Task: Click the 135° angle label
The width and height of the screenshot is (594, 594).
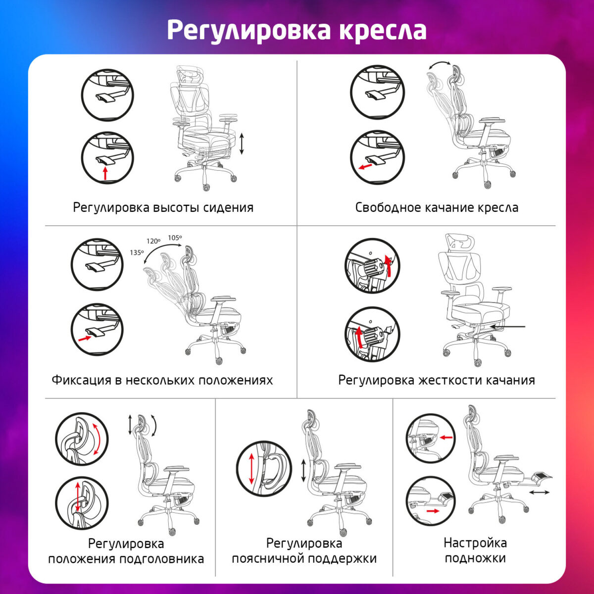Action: tap(137, 252)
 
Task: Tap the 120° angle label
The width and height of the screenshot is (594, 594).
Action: tap(153, 241)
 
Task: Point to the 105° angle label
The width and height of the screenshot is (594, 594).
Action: tap(174, 238)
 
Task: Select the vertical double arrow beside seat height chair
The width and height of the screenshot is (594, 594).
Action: tap(242, 144)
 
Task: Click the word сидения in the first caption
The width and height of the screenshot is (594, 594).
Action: tap(228, 207)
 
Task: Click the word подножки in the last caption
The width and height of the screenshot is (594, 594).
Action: tap(475, 558)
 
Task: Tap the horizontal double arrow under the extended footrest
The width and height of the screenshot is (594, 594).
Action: tap(539, 492)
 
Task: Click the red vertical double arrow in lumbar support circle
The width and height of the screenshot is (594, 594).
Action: tap(251, 468)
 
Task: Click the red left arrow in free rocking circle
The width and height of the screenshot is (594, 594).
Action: tap(365, 167)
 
